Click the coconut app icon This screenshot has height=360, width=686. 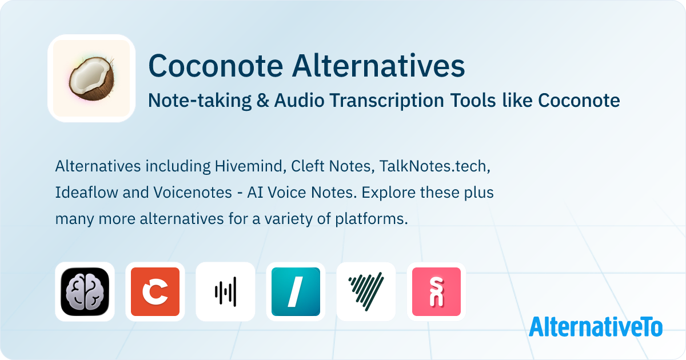click(x=91, y=78)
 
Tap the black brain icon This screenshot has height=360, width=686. click(x=85, y=291)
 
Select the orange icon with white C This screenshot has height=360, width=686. click(x=155, y=291)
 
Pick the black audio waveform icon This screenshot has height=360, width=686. click(x=225, y=291)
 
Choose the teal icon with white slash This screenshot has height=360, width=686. click(x=296, y=291)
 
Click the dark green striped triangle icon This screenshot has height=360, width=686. click(x=366, y=291)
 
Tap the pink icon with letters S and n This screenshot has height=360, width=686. click(x=436, y=291)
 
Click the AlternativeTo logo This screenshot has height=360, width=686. click(x=596, y=326)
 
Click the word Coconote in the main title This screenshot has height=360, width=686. click(x=216, y=66)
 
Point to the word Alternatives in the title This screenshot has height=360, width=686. click(x=378, y=66)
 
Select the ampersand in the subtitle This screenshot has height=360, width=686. click(x=262, y=101)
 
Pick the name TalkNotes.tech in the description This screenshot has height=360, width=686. click(x=435, y=166)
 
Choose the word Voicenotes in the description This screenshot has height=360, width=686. click(x=193, y=193)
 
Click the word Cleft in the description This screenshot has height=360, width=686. click(x=308, y=166)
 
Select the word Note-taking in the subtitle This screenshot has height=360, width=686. click(x=200, y=101)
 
